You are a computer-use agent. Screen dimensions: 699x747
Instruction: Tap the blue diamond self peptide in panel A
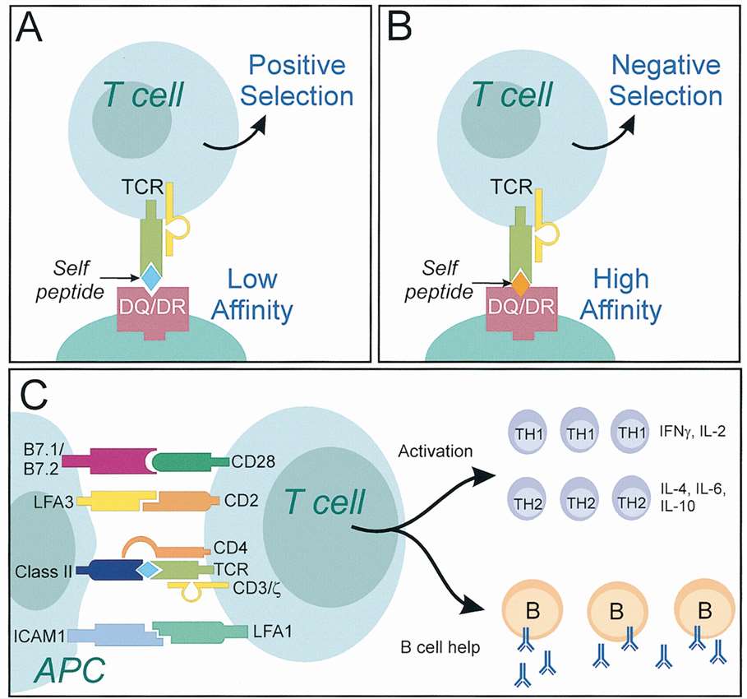pos(151,276)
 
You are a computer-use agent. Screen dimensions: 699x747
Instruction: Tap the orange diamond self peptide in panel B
pos(519,284)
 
